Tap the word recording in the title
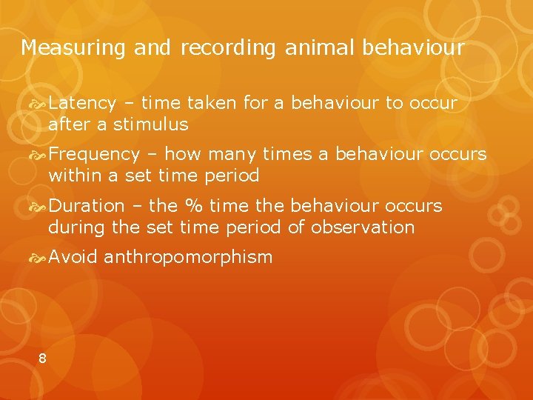coord(226,49)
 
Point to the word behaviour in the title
coord(413,49)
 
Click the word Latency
coord(82,103)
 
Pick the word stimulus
coord(152,124)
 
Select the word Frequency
coord(94,154)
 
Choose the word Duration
coord(87,205)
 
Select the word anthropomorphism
coord(188,258)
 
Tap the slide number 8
coord(42,359)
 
